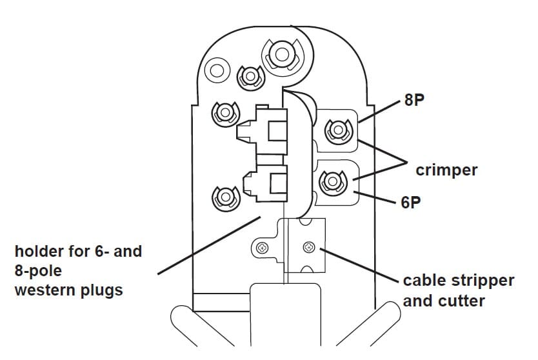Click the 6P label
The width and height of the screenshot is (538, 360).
click(x=410, y=203)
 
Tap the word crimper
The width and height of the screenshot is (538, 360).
click(x=446, y=170)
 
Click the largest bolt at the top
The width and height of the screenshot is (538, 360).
click(x=281, y=55)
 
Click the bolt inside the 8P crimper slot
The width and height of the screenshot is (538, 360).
click(x=337, y=132)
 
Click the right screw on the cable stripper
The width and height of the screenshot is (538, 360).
click(x=308, y=247)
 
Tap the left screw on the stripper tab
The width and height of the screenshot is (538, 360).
click(x=263, y=248)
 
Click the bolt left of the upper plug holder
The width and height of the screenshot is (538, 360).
click(x=225, y=114)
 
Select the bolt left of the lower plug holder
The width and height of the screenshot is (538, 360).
click(x=224, y=195)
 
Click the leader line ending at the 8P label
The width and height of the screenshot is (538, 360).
click(x=381, y=110)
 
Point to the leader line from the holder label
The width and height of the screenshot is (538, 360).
click(x=206, y=245)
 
